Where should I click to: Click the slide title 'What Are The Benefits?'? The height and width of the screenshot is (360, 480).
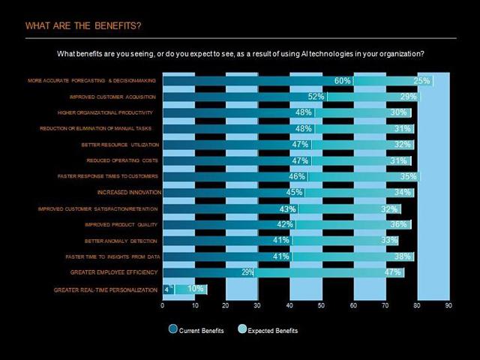82,26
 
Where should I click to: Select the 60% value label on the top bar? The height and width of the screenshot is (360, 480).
342,81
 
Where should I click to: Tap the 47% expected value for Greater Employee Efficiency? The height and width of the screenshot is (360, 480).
392,273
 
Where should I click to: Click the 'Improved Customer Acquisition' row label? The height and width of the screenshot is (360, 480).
113,97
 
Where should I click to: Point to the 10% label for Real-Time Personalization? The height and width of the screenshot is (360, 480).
195,289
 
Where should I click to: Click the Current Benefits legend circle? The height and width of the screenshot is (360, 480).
173,329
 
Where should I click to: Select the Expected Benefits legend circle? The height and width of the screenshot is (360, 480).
241,329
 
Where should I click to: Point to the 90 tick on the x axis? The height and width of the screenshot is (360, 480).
448,306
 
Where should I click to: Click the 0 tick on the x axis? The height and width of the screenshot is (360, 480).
163,306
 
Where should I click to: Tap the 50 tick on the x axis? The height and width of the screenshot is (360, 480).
322,306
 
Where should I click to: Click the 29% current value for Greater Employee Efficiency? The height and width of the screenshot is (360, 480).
247,273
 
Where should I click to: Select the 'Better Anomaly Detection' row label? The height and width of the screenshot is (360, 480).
121,241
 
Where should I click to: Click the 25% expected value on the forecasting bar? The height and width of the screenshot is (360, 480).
421,81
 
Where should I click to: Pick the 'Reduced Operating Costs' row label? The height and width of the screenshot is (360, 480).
122,160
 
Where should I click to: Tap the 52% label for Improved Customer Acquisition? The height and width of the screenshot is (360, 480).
316,97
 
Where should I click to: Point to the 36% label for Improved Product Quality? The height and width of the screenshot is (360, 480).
398,225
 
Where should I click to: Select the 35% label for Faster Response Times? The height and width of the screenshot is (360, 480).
409,177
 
